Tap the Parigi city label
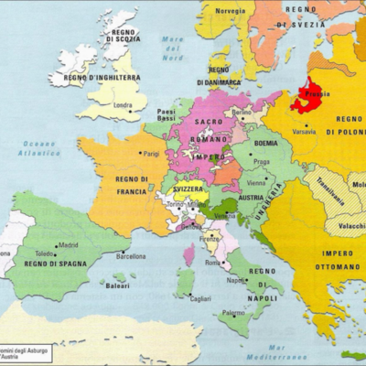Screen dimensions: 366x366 (151, 154)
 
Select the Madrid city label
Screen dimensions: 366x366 (68, 245)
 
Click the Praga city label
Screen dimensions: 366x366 (260, 163)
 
